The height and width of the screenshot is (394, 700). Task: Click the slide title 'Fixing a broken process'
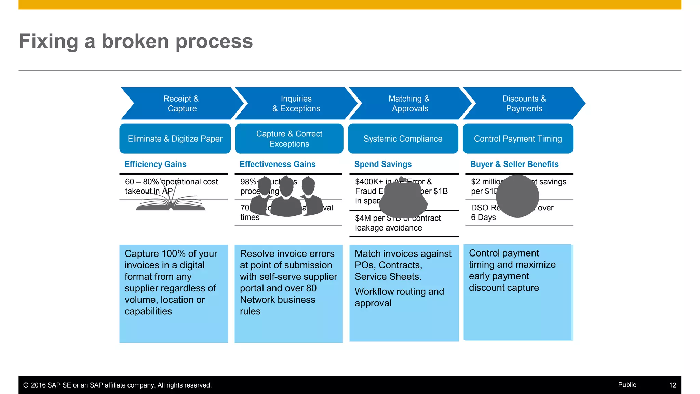[x=136, y=41]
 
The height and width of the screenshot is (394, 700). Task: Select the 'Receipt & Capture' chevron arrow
[x=181, y=103]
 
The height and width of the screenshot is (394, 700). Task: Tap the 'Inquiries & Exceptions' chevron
[x=296, y=103]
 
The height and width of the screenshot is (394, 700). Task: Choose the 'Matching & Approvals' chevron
[x=409, y=103]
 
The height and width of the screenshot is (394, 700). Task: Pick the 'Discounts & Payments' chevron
[x=524, y=103]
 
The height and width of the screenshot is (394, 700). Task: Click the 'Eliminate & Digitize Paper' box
[x=175, y=139]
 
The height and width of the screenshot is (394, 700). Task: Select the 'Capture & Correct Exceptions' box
[x=289, y=139]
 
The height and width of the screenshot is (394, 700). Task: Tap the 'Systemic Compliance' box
[x=403, y=139]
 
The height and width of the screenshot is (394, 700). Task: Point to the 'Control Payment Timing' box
[x=517, y=139]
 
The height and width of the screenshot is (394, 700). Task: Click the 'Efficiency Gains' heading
[x=155, y=164]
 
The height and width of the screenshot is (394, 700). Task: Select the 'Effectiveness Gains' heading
[x=278, y=164]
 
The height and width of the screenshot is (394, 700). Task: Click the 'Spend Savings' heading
[x=383, y=164]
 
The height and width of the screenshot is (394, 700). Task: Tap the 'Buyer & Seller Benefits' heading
[x=514, y=164]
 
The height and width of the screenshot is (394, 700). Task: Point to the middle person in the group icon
[x=286, y=200]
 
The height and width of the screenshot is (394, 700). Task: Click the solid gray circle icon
[x=517, y=196]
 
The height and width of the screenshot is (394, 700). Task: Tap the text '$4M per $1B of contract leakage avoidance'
[x=398, y=223]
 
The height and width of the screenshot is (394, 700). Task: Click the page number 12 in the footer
[x=672, y=385]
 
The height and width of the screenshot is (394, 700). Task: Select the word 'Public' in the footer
[x=627, y=385]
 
